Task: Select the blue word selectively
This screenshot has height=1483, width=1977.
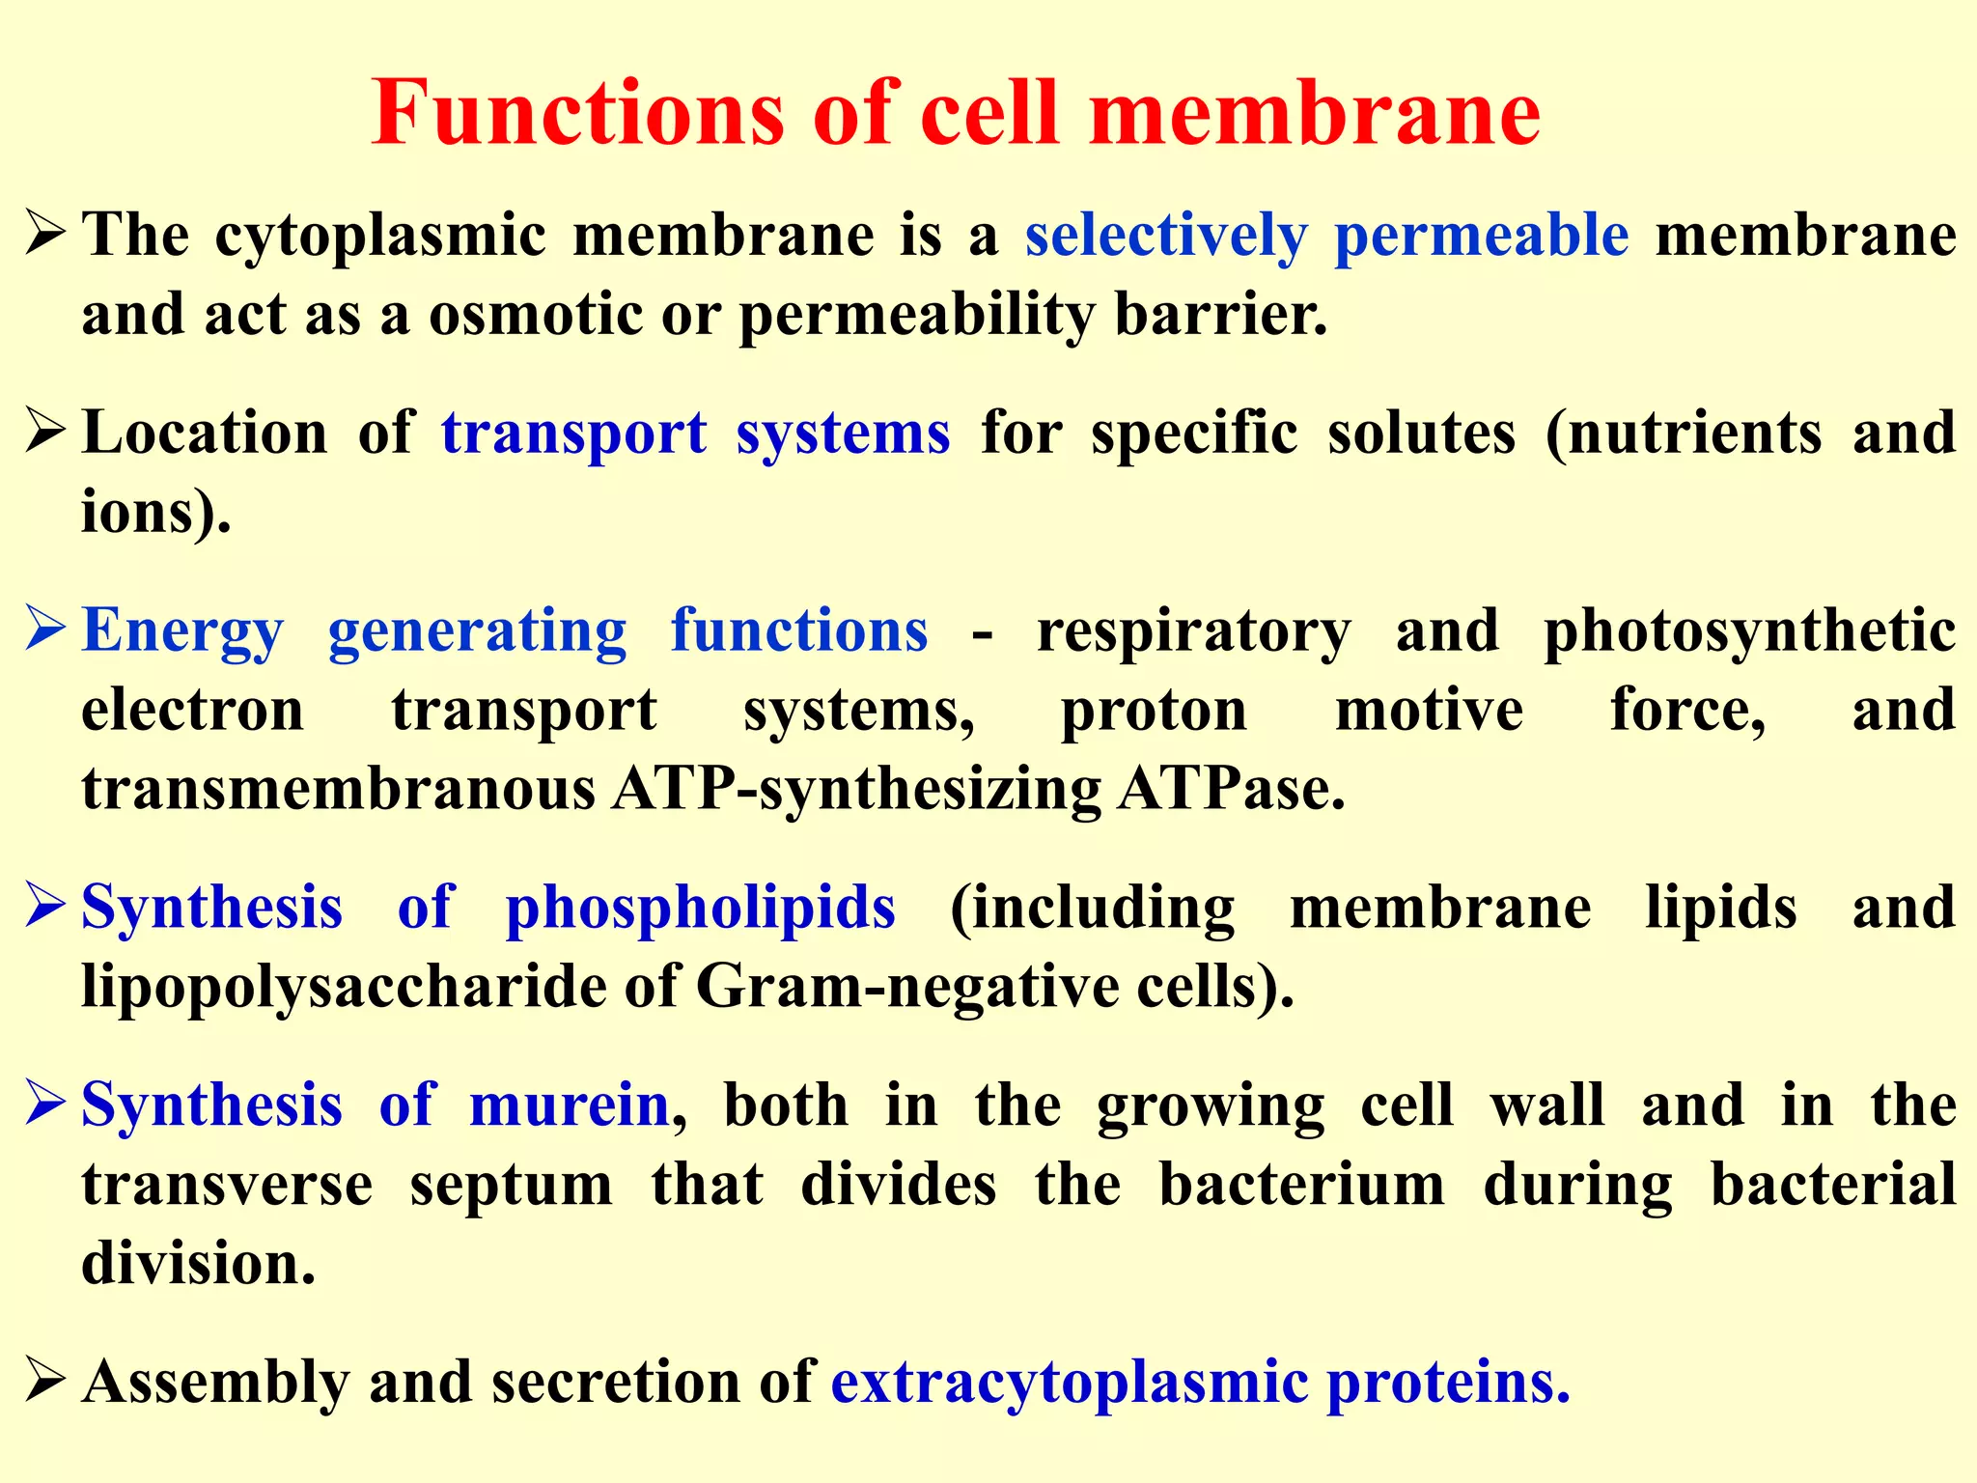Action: pyautogui.click(x=1166, y=236)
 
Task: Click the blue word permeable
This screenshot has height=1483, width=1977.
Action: pyautogui.click(x=1481, y=236)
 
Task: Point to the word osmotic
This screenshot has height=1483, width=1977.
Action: pyautogui.click(x=535, y=315)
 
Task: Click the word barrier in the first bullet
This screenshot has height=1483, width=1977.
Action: pyautogui.click(x=1220, y=315)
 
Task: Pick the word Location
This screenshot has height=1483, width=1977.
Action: pyautogui.click(x=205, y=433)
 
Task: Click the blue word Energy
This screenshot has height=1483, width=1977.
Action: pyautogui.click(x=182, y=631)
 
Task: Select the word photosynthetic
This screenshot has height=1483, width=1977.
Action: pyautogui.click(x=1749, y=631)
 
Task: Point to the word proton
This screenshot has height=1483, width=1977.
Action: pyautogui.click(x=1154, y=711)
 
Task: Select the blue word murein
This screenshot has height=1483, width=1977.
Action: pyautogui.click(x=569, y=1105)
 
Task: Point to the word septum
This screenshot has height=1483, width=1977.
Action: pyautogui.click(x=511, y=1186)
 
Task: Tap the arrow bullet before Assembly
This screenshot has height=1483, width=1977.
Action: pyautogui.click(x=44, y=1381)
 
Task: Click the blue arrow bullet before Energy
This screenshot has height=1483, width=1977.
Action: pyautogui.click(x=44, y=630)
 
